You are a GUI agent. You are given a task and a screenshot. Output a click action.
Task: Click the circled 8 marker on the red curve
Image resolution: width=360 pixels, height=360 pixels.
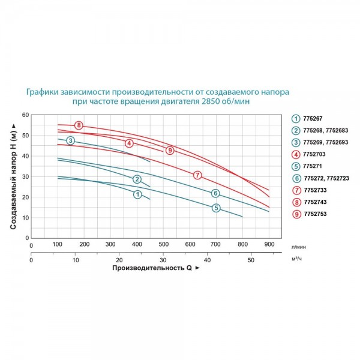pyautogui.click(x=79, y=125)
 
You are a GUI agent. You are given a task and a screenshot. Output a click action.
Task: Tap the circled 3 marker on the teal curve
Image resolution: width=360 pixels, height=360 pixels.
pyautogui.click(x=70, y=140)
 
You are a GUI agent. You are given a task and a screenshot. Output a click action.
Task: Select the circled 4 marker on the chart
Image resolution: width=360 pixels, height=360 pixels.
pyautogui.click(x=129, y=143)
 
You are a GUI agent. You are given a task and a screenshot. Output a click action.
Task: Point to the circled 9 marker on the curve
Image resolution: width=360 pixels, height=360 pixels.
pyautogui.click(x=170, y=151)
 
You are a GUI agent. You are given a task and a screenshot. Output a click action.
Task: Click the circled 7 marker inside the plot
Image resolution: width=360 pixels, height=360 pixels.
pyautogui.click(x=197, y=175)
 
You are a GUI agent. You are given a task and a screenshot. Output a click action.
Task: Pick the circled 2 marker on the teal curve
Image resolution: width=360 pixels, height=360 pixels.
pyautogui.click(x=137, y=179)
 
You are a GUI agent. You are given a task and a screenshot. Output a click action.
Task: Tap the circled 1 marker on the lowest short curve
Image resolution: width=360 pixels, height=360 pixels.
pyautogui.click(x=137, y=194)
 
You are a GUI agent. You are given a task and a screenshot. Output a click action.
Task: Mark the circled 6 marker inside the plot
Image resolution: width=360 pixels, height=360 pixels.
pyautogui.click(x=215, y=193)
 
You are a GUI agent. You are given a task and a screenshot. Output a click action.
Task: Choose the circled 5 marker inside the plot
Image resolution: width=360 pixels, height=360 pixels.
pyautogui.click(x=216, y=208)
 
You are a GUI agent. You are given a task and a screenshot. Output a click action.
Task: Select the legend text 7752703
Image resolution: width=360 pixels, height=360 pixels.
pyautogui.click(x=314, y=154)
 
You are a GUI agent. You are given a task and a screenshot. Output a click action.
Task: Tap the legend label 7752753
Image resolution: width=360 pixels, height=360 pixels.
pyautogui.click(x=315, y=214)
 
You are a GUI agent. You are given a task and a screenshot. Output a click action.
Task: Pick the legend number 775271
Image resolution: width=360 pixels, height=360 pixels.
pyautogui.click(x=313, y=166)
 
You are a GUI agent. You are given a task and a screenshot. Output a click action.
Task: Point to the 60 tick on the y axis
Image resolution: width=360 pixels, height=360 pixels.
pyautogui.click(x=25, y=115)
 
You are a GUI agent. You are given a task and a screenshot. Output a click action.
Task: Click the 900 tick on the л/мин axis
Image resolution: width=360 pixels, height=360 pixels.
pyautogui.click(x=269, y=244)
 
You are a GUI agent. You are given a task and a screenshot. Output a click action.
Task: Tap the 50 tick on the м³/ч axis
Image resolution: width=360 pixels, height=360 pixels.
pyautogui.click(x=251, y=260)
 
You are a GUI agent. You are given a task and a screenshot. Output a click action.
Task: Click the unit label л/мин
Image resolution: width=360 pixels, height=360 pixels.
pyautogui.click(x=299, y=247)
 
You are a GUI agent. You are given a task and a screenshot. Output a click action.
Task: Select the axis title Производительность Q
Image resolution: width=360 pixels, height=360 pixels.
pyautogui.click(x=152, y=268)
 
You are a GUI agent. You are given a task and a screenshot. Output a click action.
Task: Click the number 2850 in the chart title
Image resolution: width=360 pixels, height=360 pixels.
pyautogui.click(x=210, y=101)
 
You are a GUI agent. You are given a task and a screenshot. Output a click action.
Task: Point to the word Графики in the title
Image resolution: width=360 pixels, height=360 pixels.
pyautogui.click(x=42, y=92)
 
